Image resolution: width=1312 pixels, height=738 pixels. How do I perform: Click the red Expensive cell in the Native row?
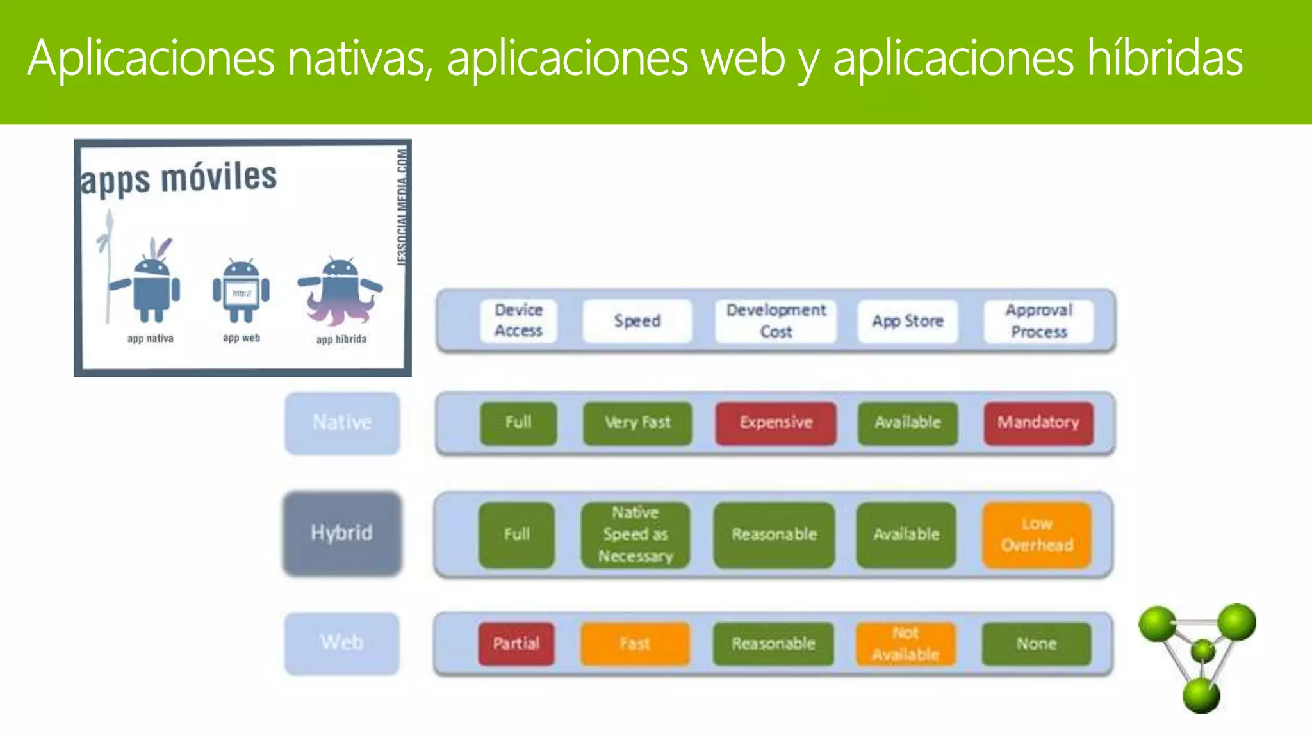pyautogui.click(x=776, y=423)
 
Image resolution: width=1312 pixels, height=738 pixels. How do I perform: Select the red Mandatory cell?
pyautogui.click(x=1038, y=423)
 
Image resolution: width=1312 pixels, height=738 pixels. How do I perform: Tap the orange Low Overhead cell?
pyautogui.click(x=1037, y=535)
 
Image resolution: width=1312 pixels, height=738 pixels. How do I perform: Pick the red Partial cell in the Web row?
pyautogui.click(x=516, y=644)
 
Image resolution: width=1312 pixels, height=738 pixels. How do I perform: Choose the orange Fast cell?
pyautogui.click(x=635, y=644)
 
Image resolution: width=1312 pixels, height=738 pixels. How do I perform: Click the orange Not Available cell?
pyautogui.click(x=905, y=644)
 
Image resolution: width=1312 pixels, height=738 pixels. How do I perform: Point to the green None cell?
pyautogui.click(x=1036, y=644)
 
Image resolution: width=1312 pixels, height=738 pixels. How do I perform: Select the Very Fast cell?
pyautogui.click(x=637, y=423)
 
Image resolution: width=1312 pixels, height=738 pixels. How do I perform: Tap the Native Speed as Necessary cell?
pyautogui.click(x=635, y=535)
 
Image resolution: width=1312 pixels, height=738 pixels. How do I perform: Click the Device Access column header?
pyautogui.click(x=518, y=321)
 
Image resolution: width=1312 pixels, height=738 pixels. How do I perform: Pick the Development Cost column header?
pyautogui.click(x=776, y=321)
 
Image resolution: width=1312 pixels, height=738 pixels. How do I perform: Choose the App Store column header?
pyautogui.click(x=908, y=321)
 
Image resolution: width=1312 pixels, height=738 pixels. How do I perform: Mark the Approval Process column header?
pyautogui.click(x=1038, y=321)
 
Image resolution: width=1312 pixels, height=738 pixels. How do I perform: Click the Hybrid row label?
pyautogui.click(x=342, y=533)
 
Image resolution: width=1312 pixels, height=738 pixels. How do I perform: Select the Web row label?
pyautogui.click(x=342, y=643)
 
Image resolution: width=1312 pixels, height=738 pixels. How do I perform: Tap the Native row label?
pyautogui.click(x=342, y=423)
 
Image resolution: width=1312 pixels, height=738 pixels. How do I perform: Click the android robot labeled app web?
pyautogui.click(x=241, y=291)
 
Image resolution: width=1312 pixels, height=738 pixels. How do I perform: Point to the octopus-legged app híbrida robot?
pyautogui.click(x=340, y=291)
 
